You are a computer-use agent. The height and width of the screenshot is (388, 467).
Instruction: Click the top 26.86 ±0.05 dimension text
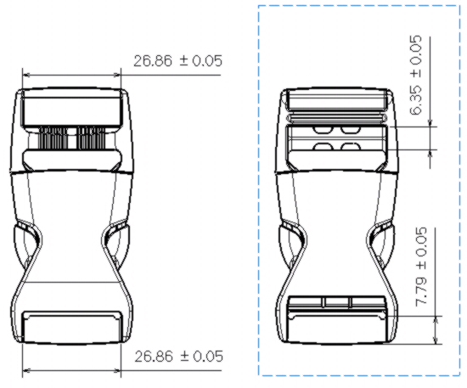pos(177,61)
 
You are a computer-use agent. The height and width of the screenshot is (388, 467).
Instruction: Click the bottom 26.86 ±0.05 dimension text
pos(178,356)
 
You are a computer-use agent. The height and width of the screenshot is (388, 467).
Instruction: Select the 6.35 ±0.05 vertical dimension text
pos(416,75)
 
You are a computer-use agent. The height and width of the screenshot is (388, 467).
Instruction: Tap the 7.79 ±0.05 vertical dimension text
pos(421,267)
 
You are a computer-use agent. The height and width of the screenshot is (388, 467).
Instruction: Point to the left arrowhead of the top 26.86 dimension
pos(26,75)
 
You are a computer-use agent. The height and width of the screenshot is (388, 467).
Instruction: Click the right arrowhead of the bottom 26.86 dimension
pos(117,371)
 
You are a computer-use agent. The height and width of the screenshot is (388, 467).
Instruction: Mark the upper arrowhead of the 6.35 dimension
pos(430,123)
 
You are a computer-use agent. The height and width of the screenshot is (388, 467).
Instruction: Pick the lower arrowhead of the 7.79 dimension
pos(436,340)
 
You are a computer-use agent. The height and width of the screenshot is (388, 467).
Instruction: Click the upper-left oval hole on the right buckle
pos(322,130)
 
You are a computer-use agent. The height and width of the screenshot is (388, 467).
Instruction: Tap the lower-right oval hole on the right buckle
pos(350,146)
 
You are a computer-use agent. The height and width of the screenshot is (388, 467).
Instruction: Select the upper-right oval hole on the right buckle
pos(350,130)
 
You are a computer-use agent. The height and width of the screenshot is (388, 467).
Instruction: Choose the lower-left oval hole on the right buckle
pos(323,146)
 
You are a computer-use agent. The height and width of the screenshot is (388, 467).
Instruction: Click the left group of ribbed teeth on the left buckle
pos(53,138)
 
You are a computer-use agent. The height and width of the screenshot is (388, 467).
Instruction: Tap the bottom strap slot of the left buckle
pos(73,327)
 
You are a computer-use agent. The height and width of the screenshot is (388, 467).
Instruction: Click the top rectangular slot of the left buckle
pos(72,109)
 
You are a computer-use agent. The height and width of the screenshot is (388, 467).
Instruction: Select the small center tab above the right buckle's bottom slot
pos(337,301)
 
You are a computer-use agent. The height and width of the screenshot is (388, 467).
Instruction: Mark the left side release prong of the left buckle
pos(26,245)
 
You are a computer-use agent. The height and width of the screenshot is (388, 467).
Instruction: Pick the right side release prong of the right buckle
pos(382,245)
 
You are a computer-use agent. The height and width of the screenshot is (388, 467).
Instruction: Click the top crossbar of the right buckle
pos(337,100)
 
